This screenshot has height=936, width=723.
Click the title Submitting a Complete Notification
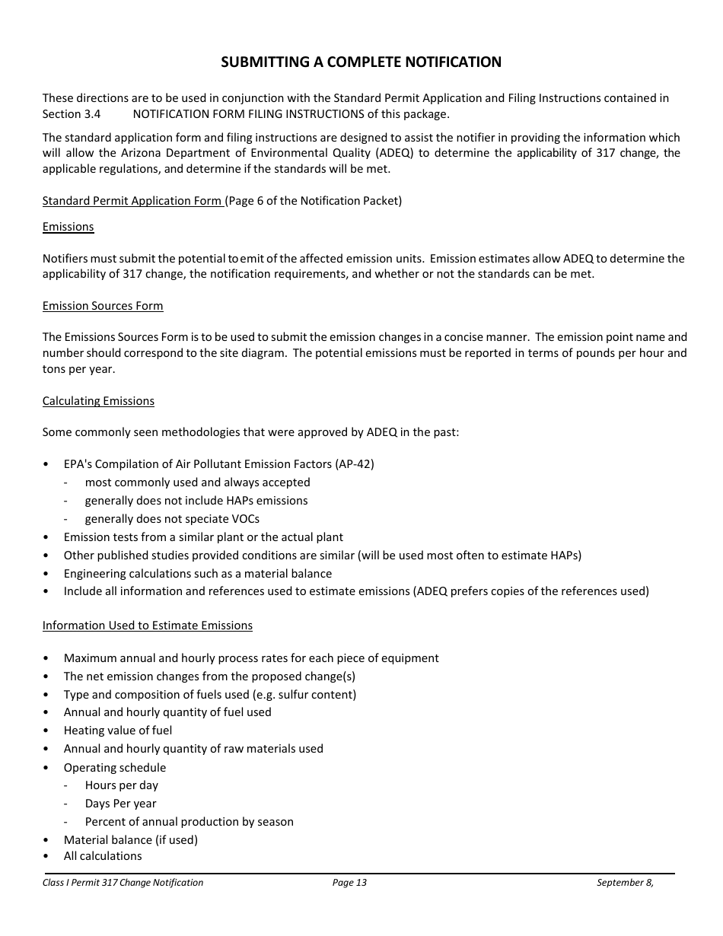click(x=361, y=62)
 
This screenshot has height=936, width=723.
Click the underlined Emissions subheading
click(x=68, y=227)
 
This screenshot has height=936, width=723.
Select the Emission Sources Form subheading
click(x=103, y=306)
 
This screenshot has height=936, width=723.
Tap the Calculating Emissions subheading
click(x=98, y=401)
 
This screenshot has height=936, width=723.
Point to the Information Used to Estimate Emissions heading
click(x=147, y=626)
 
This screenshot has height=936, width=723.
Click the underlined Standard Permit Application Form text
click(x=132, y=201)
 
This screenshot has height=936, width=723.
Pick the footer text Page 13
click(x=349, y=883)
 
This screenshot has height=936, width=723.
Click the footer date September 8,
click(x=625, y=883)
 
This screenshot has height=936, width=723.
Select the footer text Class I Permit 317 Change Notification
click(x=123, y=883)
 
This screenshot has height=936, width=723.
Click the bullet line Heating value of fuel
click(x=118, y=731)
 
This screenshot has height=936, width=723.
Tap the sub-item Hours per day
click(x=121, y=785)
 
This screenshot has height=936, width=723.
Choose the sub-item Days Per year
click(x=120, y=804)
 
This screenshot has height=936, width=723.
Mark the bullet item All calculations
click(x=103, y=856)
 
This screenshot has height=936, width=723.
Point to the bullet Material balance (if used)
click(x=130, y=840)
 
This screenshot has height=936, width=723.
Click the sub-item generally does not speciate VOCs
click(x=172, y=519)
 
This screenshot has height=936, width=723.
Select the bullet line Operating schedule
click(x=114, y=768)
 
